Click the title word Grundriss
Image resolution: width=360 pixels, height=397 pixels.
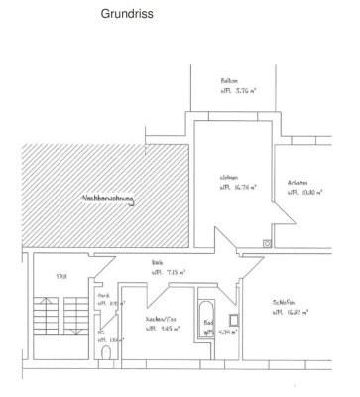pyautogui.click(x=150, y=17)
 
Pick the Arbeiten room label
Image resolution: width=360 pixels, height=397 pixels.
pyautogui.click(x=298, y=182)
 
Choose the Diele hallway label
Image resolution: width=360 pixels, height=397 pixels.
pyautogui.click(x=157, y=262)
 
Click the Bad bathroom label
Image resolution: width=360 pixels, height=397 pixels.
pyautogui.click(x=208, y=322)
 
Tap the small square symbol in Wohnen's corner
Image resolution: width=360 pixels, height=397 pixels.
pyautogui.click(x=265, y=241)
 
